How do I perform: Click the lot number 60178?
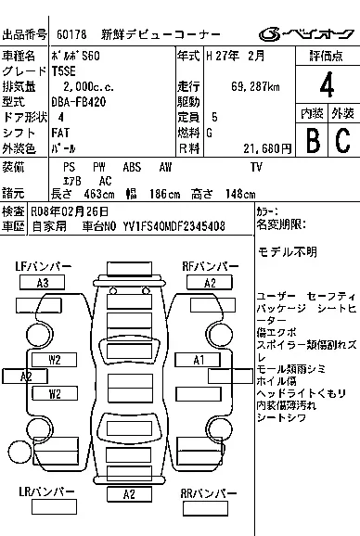[71, 34]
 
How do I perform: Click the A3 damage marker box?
[43, 282]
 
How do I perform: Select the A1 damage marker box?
[198, 359]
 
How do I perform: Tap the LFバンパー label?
[43, 267]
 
